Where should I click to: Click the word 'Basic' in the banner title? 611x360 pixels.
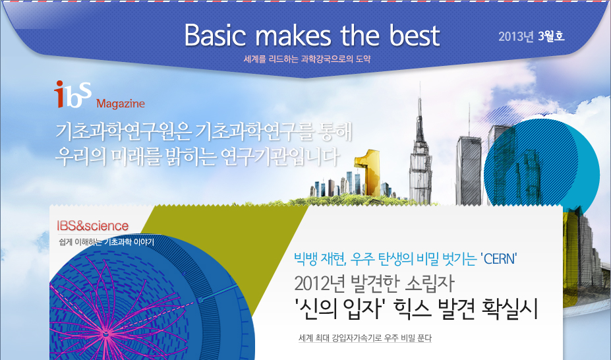click(216, 36)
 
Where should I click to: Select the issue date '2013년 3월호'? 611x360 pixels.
click(531, 37)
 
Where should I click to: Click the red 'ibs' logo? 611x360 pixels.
click(73, 94)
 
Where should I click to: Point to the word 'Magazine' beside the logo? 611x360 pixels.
click(121, 104)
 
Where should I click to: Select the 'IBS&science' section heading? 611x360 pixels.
click(93, 226)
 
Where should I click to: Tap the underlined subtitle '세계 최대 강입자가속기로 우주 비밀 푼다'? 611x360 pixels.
click(365, 338)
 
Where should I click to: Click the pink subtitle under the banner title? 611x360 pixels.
click(307, 59)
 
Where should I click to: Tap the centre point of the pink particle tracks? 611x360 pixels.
click(105, 334)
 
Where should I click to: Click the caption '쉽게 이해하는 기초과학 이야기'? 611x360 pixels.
click(106, 242)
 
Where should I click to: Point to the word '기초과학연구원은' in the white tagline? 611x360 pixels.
click(123, 132)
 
